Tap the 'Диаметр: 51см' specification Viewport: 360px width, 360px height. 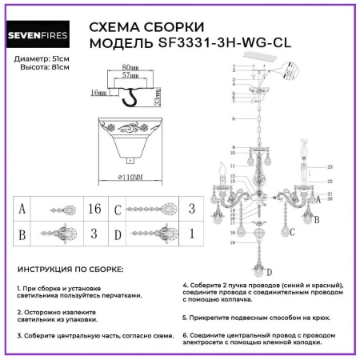[x=42, y=61]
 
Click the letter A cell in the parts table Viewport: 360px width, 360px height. [x=26, y=210]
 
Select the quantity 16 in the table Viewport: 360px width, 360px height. [x=94, y=210]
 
